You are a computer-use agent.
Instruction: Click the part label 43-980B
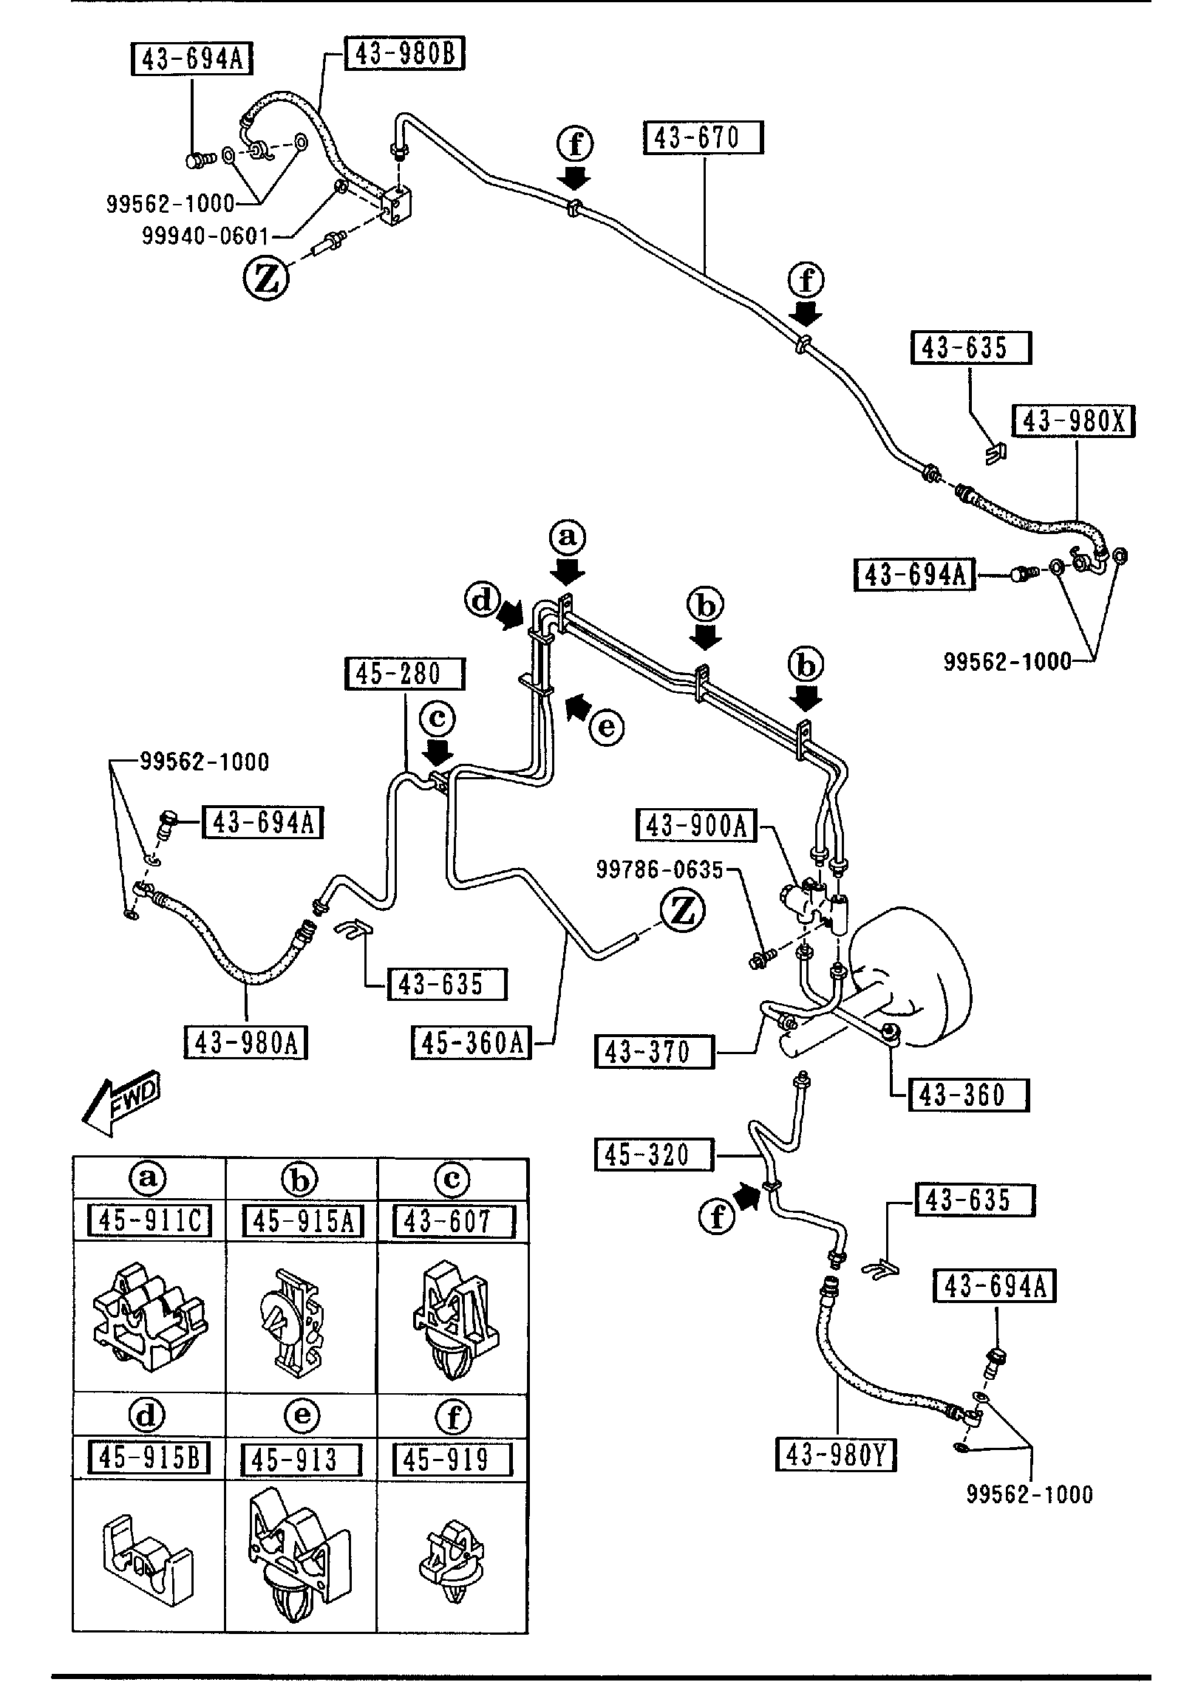(405, 55)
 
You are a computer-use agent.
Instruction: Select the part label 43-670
(703, 138)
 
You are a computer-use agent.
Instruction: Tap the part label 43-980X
(1074, 421)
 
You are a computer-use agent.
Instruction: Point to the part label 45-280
(405, 674)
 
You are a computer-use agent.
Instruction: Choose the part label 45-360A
(472, 1043)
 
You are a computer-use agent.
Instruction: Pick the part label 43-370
(654, 1051)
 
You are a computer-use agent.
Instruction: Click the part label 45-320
(654, 1155)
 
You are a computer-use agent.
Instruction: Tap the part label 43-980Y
(836, 1456)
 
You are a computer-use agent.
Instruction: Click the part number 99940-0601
(205, 236)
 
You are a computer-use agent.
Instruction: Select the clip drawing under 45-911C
(149, 1319)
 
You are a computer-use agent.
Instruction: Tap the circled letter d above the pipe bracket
(482, 600)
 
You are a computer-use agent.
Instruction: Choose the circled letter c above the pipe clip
(438, 719)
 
